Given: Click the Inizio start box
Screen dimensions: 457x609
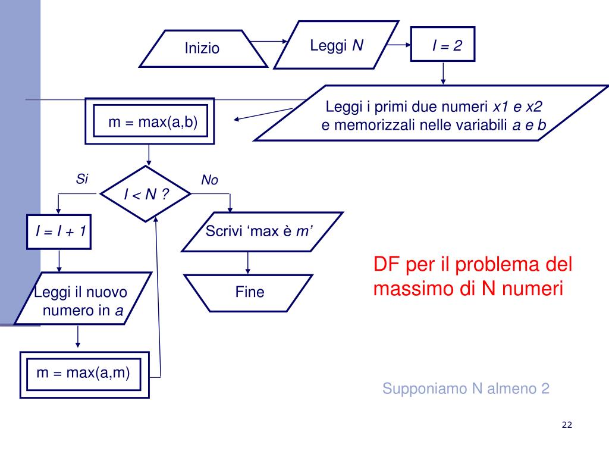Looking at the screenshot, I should [202, 48].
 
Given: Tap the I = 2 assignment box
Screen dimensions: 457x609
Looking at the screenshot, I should [443, 45].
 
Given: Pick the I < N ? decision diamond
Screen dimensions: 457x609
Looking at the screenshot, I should [146, 194].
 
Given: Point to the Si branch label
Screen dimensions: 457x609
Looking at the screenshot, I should [82, 179].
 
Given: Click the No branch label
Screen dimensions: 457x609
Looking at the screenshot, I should [209, 180].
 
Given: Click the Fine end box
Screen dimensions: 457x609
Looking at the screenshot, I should [249, 292].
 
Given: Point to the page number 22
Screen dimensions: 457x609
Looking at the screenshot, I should [566, 424].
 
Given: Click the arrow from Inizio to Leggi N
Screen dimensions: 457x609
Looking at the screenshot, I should [268, 42].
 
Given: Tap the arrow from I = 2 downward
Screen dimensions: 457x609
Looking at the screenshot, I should [443, 72].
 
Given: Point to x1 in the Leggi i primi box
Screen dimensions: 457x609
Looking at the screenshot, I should [501, 107].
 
